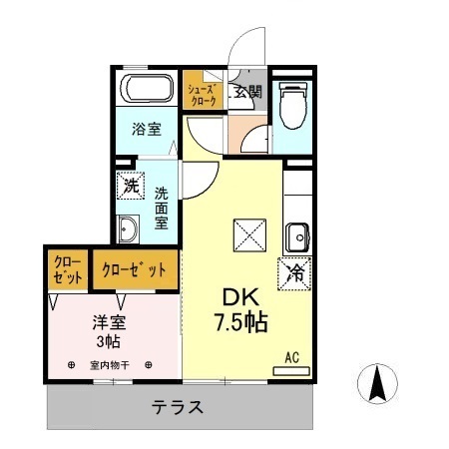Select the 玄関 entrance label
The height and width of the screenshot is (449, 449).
[x=247, y=92]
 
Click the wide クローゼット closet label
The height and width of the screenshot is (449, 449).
[x=136, y=267]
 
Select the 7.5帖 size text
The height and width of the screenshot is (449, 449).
[x=237, y=323]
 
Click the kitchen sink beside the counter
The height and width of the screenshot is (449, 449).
[x=296, y=237]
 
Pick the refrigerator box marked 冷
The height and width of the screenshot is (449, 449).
[x=295, y=270]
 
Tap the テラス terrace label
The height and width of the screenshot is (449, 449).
[x=179, y=407]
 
